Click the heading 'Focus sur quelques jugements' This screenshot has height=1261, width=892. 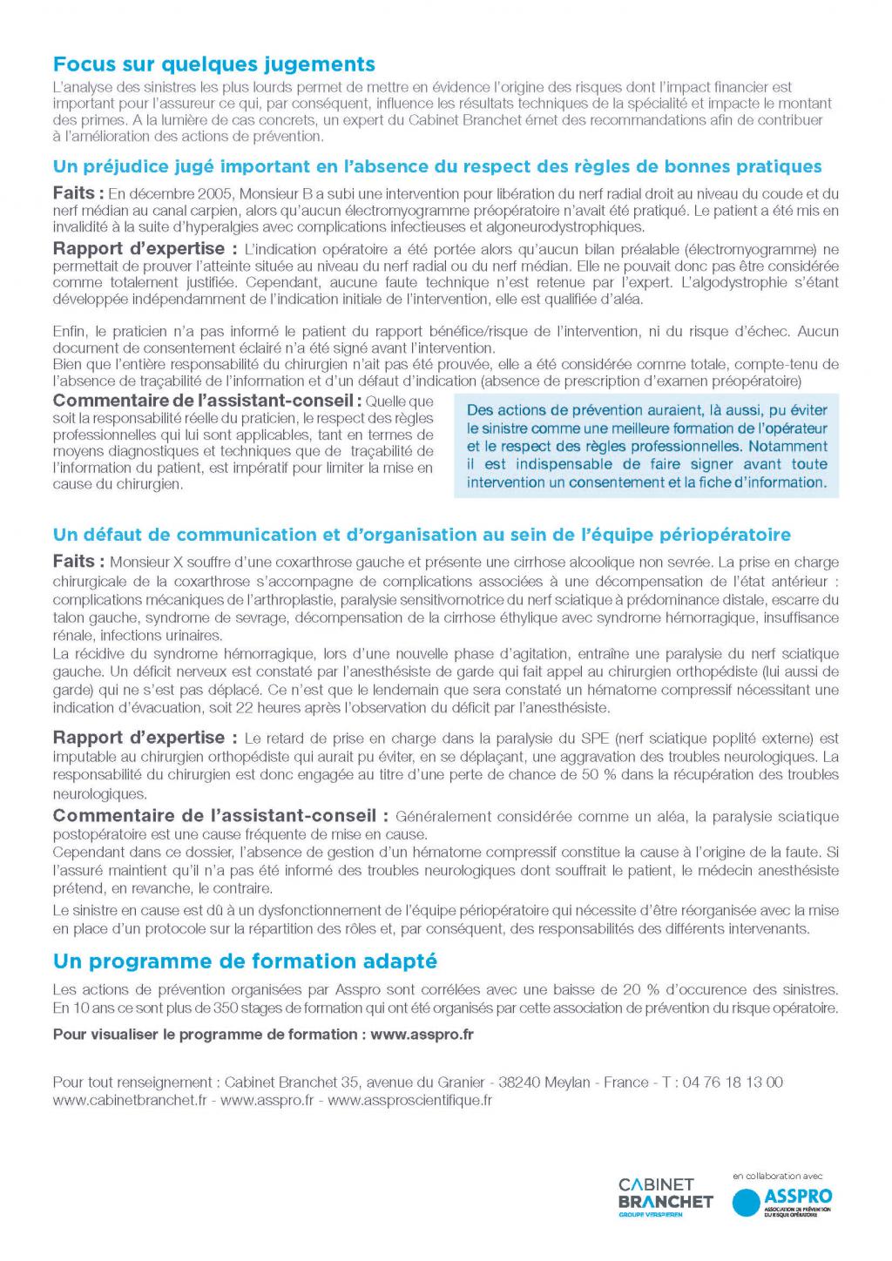point(214,64)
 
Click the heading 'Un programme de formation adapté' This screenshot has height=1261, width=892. point(245,961)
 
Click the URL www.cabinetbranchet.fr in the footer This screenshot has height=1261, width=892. point(130,1100)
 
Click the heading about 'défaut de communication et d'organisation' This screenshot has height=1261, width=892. point(422,535)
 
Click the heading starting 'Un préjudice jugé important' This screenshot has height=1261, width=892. point(437,166)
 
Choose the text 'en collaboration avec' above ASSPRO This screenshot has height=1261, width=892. point(778,1176)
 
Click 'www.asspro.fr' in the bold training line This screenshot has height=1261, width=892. point(422,1035)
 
